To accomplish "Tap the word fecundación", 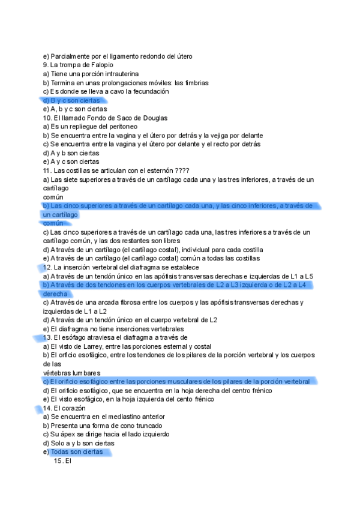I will tap(151, 91).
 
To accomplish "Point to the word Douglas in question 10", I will tap(154, 118).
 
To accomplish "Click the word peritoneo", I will tap(122, 127).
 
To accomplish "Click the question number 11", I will tap(46, 170).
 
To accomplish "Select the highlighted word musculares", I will tap(199, 382).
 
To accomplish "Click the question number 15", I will tap(58, 461).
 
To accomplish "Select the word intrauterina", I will tap(113, 74).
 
